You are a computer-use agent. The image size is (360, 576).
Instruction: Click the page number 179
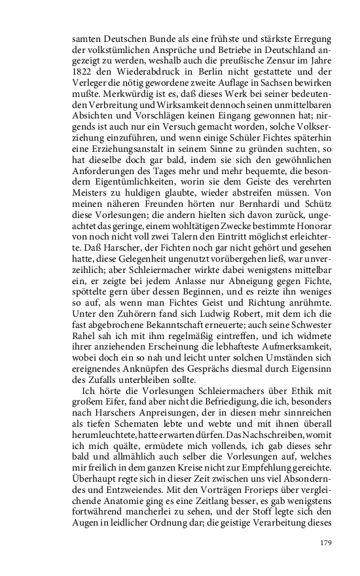[327, 543]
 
